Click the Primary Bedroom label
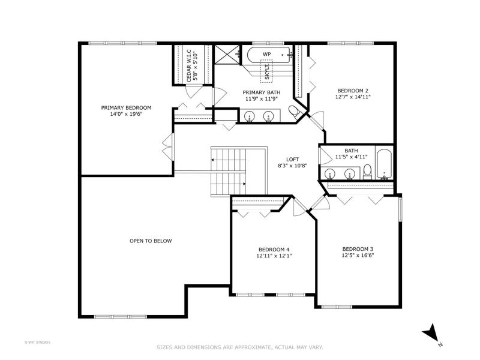click(x=126, y=108)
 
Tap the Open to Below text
click(x=151, y=241)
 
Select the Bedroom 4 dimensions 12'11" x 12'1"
click(x=274, y=256)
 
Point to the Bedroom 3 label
click(x=358, y=249)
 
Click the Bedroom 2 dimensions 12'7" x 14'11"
click(x=353, y=97)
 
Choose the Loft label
click(x=292, y=159)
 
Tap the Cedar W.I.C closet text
click(x=189, y=65)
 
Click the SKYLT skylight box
click(x=266, y=71)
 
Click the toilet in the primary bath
click(x=295, y=112)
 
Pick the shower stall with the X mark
click(x=227, y=55)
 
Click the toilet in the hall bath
click(x=367, y=172)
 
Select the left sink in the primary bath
click(x=250, y=116)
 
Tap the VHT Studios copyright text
click(x=37, y=343)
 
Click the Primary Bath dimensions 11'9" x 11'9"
click(x=261, y=98)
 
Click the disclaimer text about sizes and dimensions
click(x=239, y=347)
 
